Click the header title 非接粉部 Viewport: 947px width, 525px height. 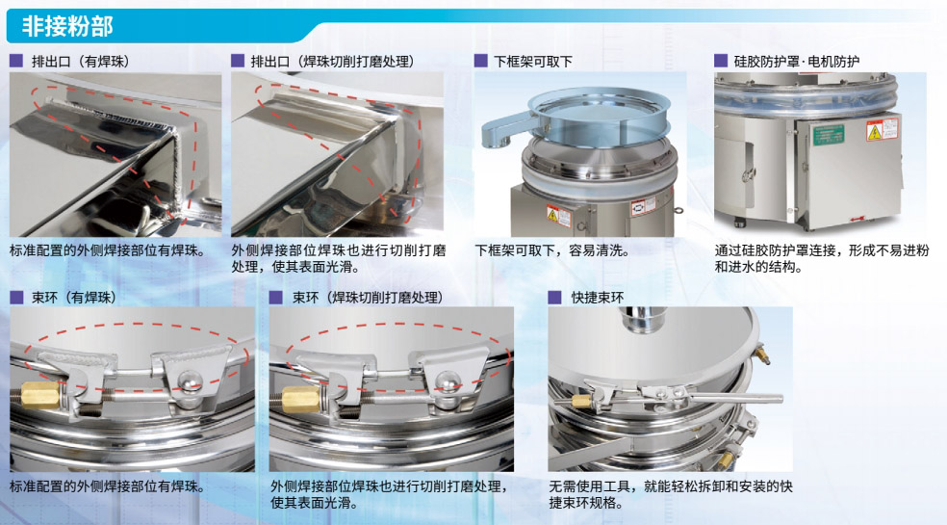pyautogui.click(x=67, y=27)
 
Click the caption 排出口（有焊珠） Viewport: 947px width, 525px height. pyautogui.click(x=80, y=61)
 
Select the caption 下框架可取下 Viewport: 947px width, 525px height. pyautogui.click(x=533, y=61)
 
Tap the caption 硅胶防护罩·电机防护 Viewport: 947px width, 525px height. pyautogui.click(x=797, y=61)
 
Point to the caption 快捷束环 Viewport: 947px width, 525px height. pyautogui.click(x=598, y=298)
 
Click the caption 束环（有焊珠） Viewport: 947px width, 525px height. pyautogui.click(x=74, y=298)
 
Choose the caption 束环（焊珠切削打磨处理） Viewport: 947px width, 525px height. pyautogui.click(x=368, y=298)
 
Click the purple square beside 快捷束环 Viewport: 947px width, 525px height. pyautogui.click(x=555, y=298)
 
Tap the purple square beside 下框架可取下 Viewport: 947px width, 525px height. pyautogui.click(x=481, y=61)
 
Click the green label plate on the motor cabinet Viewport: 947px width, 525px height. pyautogui.click(x=829, y=135)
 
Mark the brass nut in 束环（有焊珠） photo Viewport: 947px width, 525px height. pyautogui.click(x=39, y=395)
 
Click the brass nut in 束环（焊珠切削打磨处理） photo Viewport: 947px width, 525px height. pyautogui.click(x=300, y=399)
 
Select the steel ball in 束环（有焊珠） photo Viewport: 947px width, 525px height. pyautogui.click(x=191, y=381)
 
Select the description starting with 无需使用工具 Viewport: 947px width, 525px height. pyautogui.click(x=671, y=494)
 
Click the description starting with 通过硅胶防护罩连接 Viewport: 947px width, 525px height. pyautogui.click(x=821, y=258)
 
